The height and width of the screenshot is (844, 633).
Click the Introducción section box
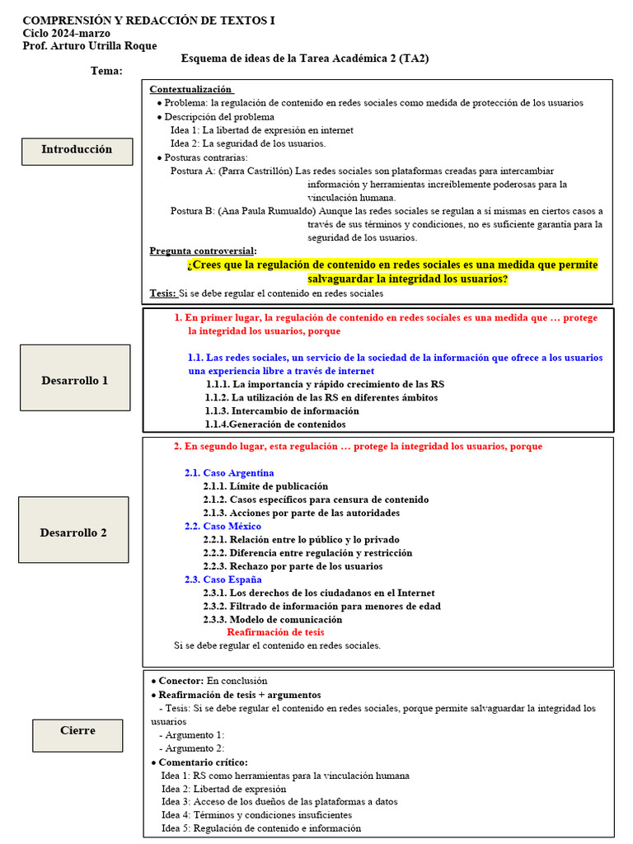coord(77,150)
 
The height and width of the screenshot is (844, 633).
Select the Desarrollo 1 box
coord(74,381)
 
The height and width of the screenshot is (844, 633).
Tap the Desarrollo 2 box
coord(73,532)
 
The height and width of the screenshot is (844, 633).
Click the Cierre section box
coord(77,731)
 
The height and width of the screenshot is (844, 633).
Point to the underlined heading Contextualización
coord(191,89)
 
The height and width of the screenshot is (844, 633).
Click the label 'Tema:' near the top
coord(106,71)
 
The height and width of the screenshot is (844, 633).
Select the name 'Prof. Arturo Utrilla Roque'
coord(89,46)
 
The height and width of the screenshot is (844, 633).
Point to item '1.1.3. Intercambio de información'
coord(282,410)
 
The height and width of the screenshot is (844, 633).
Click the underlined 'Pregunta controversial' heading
coord(203,251)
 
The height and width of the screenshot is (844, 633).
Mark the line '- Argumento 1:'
coord(191,735)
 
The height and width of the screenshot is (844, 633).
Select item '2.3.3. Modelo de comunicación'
coord(272,619)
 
